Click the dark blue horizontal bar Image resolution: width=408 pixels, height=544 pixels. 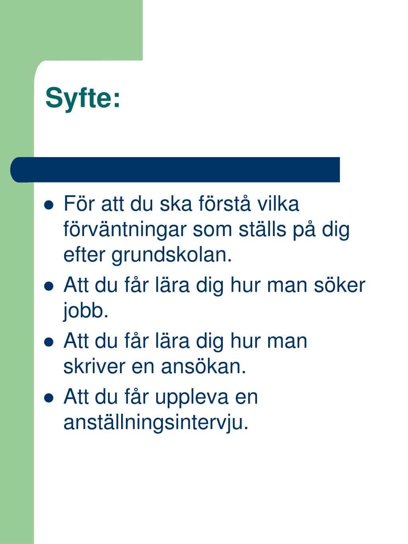pyautogui.click(x=175, y=170)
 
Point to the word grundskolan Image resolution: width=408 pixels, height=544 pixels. pyautogui.click(x=171, y=255)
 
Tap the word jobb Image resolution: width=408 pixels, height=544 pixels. pyautogui.click(x=86, y=311)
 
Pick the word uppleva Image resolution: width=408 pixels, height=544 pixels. pyautogui.click(x=189, y=397)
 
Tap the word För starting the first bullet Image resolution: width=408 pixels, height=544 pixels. pyautogui.click(x=78, y=204)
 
